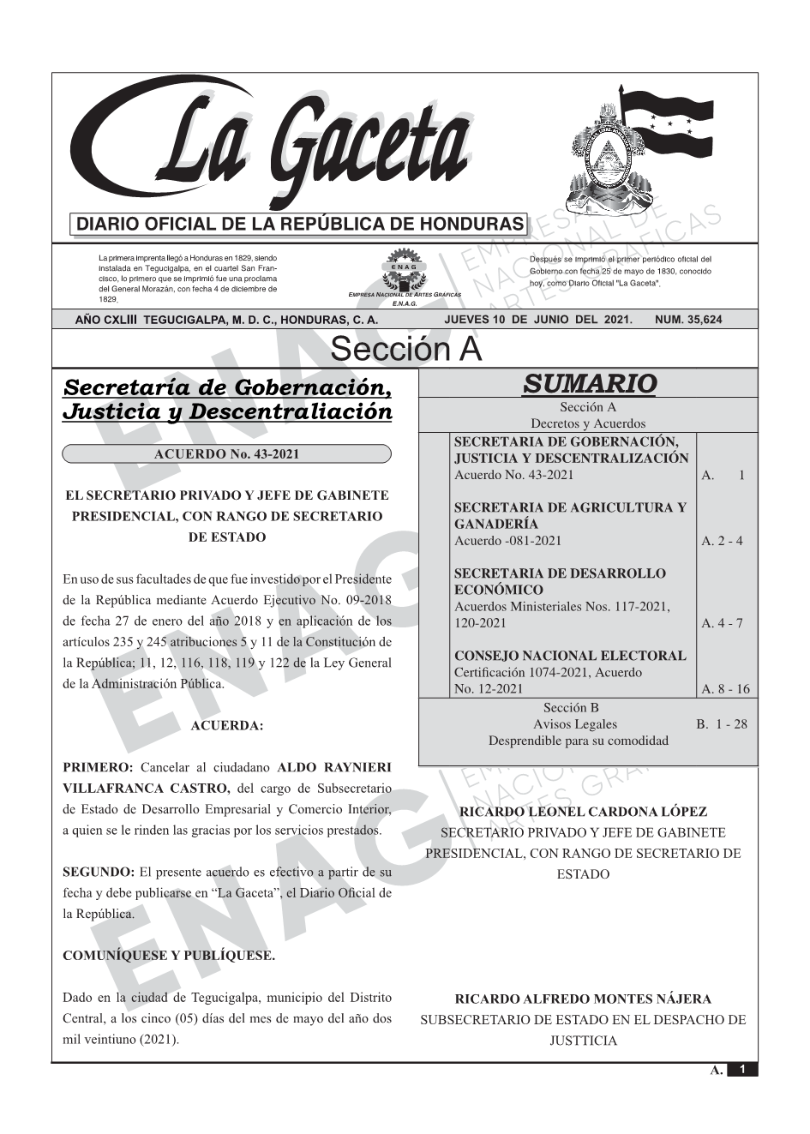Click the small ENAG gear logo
point(404,267)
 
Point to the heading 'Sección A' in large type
point(405,350)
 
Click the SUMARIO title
point(589,384)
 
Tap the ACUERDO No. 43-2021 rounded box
point(226,454)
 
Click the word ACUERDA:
point(226,726)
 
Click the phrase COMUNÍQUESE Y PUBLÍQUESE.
point(169,956)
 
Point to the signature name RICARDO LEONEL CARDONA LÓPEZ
point(584,812)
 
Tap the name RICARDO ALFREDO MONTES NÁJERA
point(583,999)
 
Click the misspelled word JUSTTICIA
point(583,1041)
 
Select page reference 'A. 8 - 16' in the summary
point(725,689)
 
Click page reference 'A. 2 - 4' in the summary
point(722,541)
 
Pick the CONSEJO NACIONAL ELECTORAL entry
point(570,657)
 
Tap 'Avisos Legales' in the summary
point(574,724)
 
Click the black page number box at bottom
point(742,1070)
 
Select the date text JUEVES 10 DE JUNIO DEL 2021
point(537,320)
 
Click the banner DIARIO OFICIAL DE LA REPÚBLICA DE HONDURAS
point(299,225)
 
